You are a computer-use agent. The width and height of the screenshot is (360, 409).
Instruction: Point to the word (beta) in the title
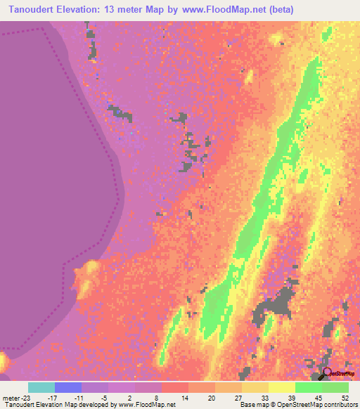[x=277, y=9]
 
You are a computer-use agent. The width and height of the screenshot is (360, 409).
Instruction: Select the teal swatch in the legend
[x=41, y=387]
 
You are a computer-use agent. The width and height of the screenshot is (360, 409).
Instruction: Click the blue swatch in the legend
[x=68, y=387]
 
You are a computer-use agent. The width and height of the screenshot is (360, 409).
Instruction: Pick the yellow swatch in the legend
[x=282, y=387]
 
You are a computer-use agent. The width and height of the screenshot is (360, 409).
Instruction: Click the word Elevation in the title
[x=87, y=9]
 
